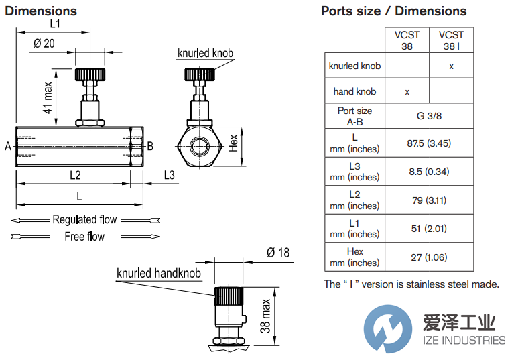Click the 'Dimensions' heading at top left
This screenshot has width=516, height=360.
click(x=41, y=11)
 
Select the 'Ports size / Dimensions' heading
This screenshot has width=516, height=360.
click(x=393, y=11)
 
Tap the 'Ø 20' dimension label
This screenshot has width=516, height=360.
click(x=44, y=44)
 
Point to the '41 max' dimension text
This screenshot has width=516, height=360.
click(x=48, y=97)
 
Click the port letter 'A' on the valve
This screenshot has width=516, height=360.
click(x=7, y=146)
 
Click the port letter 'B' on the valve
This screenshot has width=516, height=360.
click(x=151, y=146)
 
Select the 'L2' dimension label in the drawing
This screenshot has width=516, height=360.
click(x=75, y=175)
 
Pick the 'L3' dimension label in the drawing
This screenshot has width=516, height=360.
click(x=169, y=175)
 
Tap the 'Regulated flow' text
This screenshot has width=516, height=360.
click(x=84, y=219)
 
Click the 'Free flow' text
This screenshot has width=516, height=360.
click(x=84, y=236)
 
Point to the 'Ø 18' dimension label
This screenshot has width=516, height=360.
click(x=278, y=253)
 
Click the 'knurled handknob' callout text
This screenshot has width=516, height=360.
click(x=159, y=273)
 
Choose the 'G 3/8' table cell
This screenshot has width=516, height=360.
click(x=429, y=115)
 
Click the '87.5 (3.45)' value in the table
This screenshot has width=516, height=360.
click(x=429, y=143)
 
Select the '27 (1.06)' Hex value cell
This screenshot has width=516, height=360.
click(x=429, y=257)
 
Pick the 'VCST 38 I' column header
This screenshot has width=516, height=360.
click(x=451, y=40)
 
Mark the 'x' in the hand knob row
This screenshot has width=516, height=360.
click(x=407, y=91)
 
